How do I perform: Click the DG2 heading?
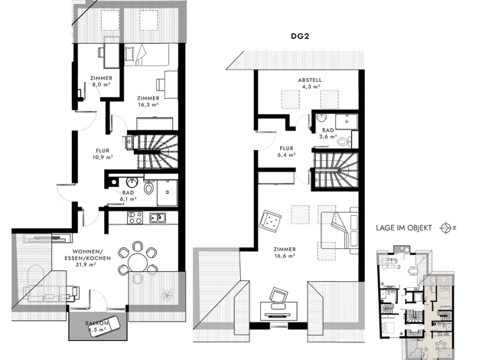coord(300,36)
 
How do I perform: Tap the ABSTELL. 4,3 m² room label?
coord(311,83)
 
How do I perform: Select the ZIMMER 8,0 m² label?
coord(101,81)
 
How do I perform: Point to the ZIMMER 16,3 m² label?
coord(148,101)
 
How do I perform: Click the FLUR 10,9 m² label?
coord(103,154)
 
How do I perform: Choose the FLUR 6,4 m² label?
coord(286,152)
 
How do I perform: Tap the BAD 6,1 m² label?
coord(129,196)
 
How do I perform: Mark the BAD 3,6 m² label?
coord(328,133)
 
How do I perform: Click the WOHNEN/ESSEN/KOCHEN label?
coord(87,257)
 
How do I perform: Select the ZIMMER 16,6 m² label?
coord(285,253)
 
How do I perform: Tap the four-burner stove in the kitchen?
coord(135,218)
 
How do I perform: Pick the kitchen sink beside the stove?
coord(158,218)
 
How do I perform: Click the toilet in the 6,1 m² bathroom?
coord(148,187)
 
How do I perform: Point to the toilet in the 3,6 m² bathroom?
coord(344,141)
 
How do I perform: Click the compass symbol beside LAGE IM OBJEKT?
coord(445,227)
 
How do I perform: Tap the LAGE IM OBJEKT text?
coord(403,227)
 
